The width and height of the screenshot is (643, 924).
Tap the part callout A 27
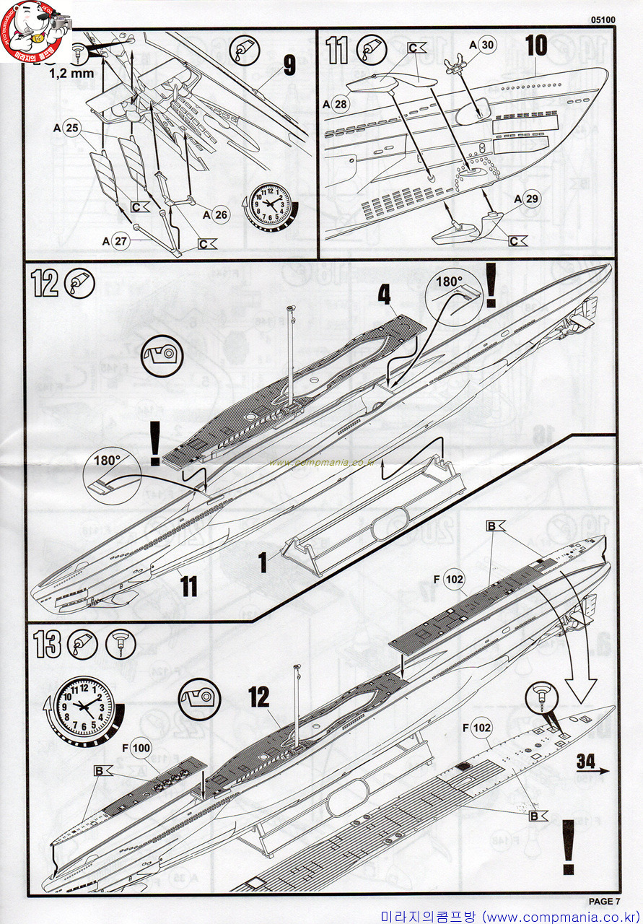coord(115,242)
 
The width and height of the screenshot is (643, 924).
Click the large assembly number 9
coord(289,66)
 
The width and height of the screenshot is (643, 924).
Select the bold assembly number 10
coord(535,45)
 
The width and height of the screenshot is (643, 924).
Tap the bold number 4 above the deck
coord(385,295)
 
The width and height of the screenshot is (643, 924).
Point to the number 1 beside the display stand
coord(263,562)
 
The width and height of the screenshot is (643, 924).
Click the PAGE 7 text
coord(604,901)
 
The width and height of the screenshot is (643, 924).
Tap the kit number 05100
coord(602,21)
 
